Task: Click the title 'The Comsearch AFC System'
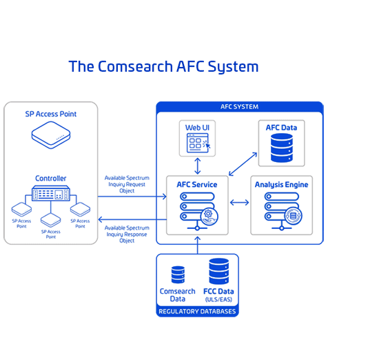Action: pyautogui.click(x=163, y=66)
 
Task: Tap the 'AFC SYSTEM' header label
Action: pyautogui.click(x=239, y=107)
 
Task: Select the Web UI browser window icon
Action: pyautogui.click(x=198, y=143)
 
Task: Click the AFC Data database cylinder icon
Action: pyautogui.click(x=282, y=148)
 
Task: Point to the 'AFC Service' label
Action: pyautogui.click(x=197, y=185)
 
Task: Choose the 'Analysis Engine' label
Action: pyautogui.click(x=282, y=185)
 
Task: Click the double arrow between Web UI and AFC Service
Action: pyautogui.click(x=198, y=166)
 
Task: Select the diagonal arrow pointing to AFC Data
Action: pyautogui.click(x=243, y=163)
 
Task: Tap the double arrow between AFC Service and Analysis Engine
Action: pyautogui.click(x=239, y=202)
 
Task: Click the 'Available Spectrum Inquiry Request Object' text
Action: pyautogui.click(x=127, y=184)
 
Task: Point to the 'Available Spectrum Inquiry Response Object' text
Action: pyautogui.click(x=127, y=234)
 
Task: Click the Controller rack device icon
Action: pyautogui.click(x=51, y=193)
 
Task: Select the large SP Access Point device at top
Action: pyautogui.click(x=51, y=134)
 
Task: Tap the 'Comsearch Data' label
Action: pyautogui.click(x=178, y=295)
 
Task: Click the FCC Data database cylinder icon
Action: pyautogui.click(x=219, y=271)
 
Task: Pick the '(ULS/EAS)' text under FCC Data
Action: pyautogui.click(x=218, y=299)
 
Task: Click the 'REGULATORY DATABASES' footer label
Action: pyautogui.click(x=197, y=311)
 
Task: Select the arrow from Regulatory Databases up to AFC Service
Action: pyautogui.click(x=198, y=245)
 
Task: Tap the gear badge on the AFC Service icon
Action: pyautogui.click(x=209, y=217)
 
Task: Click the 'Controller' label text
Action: pyautogui.click(x=51, y=179)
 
